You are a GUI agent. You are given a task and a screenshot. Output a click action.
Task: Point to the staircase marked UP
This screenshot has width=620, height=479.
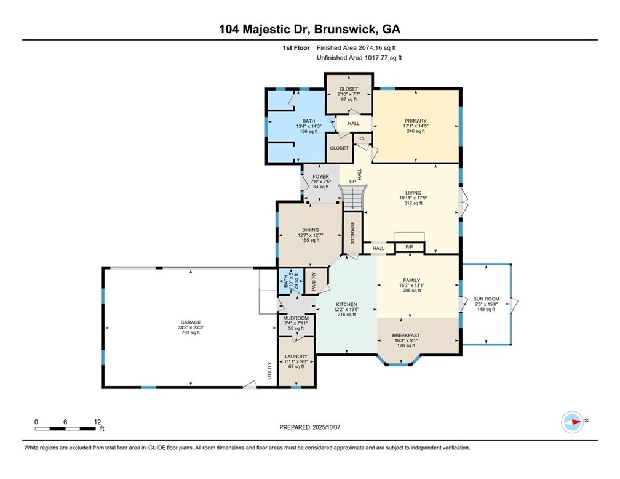353,198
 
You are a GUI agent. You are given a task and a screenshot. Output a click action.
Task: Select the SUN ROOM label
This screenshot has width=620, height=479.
486,300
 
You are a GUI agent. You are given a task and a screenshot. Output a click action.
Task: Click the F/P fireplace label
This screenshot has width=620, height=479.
408,248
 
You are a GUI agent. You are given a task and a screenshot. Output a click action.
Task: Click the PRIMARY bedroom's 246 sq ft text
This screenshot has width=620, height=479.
415,131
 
